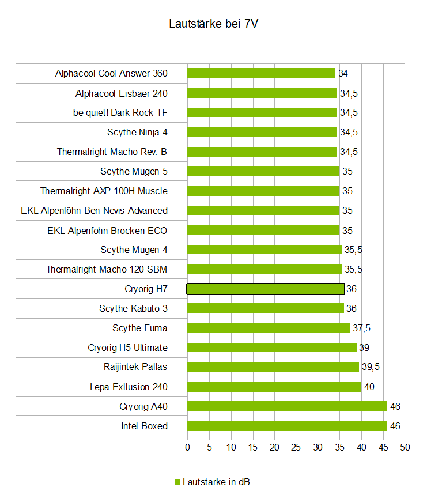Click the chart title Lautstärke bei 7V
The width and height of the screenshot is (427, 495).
213,24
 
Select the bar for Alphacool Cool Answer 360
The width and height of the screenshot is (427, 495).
261,73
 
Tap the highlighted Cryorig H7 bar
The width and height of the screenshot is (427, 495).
265,289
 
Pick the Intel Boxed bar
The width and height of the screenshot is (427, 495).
287,426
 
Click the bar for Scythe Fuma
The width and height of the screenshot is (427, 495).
269,328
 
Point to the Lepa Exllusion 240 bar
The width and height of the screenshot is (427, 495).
274,387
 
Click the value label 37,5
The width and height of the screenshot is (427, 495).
361,328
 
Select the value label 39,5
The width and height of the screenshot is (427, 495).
370,367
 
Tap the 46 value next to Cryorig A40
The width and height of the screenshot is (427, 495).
395,406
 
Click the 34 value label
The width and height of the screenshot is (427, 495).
343,73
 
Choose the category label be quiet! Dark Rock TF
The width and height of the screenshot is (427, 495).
120,112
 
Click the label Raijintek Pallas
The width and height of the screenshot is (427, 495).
136,367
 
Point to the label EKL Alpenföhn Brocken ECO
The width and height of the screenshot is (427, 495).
107,230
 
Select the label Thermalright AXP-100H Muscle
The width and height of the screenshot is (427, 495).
104,191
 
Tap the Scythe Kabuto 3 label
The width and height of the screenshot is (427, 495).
133,308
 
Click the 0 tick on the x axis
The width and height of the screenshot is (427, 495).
187,447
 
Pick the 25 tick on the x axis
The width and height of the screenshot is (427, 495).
296,447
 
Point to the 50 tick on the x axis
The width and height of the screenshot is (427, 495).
405,447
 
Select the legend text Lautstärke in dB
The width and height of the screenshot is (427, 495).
216,482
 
